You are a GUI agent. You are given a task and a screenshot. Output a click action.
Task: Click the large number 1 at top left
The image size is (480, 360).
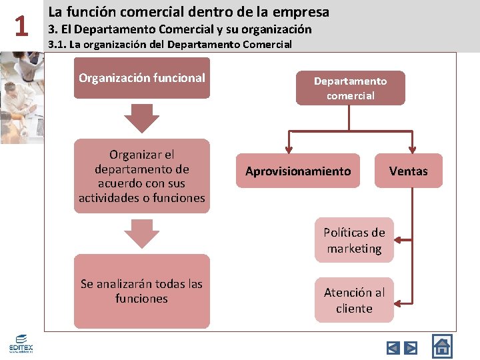[x=22, y=26]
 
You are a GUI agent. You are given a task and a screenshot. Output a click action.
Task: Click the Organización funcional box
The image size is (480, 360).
[x=141, y=78]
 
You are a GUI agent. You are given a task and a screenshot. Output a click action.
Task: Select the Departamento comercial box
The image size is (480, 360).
[x=350, y=88]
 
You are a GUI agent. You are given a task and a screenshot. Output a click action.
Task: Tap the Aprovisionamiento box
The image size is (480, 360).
[x=297, y=171]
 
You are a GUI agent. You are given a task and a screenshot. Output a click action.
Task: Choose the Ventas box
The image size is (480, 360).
[x=408, y=171]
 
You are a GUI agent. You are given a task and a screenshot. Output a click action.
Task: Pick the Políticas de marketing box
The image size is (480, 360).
[x=354, y=241]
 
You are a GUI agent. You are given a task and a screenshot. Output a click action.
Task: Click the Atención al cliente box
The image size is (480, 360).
[x=354, y=300]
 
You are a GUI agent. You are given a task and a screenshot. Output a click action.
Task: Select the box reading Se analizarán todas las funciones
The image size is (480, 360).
[x=141, y=291]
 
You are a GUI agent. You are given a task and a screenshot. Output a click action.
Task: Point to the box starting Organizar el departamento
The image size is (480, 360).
[x=141, y=176]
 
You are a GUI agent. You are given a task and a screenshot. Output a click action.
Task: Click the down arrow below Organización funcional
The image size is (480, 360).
[x=141, y=118]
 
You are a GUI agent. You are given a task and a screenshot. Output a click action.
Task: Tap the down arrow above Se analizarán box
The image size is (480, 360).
[x=141, y=234]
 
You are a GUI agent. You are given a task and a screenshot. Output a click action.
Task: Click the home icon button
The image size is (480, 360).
[x=441, y=346]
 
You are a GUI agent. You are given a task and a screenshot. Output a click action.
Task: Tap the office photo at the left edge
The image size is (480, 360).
[x=20, y=97]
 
